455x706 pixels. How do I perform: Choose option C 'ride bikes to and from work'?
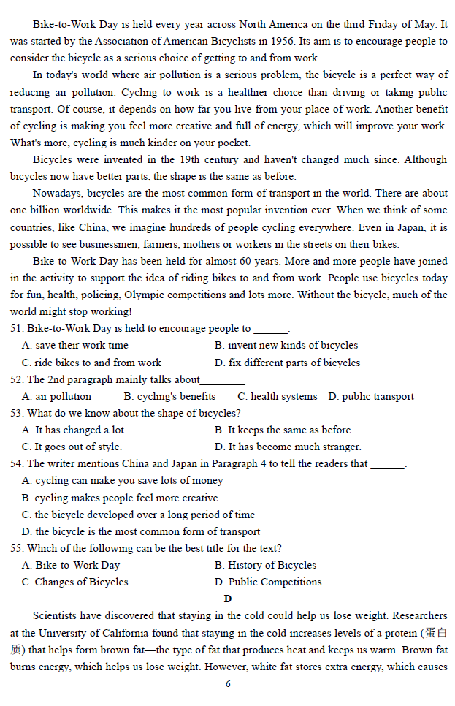(91, 363)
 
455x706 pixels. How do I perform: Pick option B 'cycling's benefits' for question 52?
(169, 397)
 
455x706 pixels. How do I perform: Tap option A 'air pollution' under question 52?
(57, 397)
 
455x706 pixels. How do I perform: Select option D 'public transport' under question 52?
(371, 397)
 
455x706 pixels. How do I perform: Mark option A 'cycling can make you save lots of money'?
(122, 481)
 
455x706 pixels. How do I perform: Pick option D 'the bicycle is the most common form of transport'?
(141, 532)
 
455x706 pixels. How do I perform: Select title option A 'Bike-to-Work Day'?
(71, 566)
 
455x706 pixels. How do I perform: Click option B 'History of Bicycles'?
(265, 566)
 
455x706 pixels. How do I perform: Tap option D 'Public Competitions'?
(268, 582)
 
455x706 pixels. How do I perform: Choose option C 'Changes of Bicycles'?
(74, 582)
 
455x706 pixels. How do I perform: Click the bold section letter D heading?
(228, 599)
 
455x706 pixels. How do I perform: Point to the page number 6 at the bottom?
(228, 684)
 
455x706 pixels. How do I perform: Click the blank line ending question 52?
(223, 381)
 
